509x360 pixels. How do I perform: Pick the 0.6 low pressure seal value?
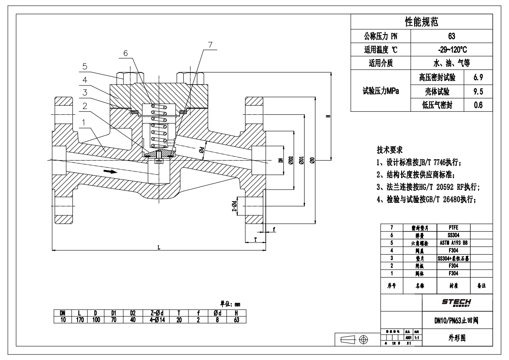(x=477, y=104)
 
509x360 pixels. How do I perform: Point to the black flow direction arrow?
(x=110, y=171)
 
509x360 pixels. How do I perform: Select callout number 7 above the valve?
(x=210, y=45)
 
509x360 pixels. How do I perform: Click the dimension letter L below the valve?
(x=159, y=247)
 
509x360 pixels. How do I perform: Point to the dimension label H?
(x=328, y=117)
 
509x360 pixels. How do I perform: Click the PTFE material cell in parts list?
(x=453, y=227)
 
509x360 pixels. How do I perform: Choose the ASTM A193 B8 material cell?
(x=453, y=242)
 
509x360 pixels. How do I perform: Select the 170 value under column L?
(x=80, y=320)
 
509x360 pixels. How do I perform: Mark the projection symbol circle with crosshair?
(x=364, y=341)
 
